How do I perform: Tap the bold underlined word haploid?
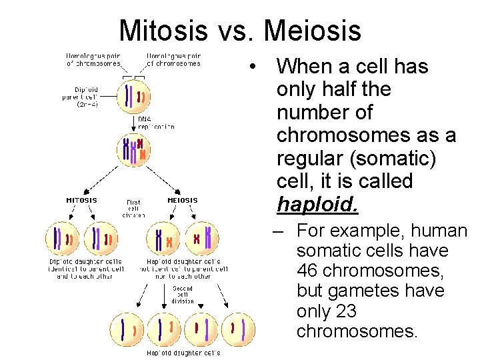coord(317,204)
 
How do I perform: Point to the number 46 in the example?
coord(310,271)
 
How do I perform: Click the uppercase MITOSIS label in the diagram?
coord(81,200)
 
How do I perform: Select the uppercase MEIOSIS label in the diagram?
coord(182,200)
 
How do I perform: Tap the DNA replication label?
coord(156,122)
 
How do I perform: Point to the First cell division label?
coord(134,208)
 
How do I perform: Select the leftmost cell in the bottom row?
coord(127,329)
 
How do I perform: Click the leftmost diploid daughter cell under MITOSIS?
coord(61,238)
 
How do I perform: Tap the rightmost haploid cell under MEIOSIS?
coord(202,238)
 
